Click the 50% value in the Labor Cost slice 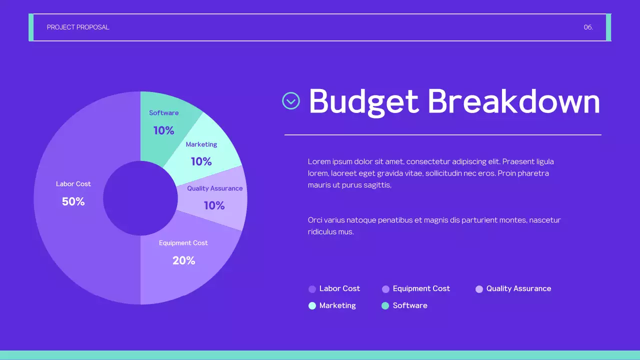click(73, 201)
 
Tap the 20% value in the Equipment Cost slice click(183, 260)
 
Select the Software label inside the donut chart click(163, 113)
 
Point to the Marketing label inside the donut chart click(201, 144)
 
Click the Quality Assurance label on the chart click(215, 188)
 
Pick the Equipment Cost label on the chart click(183, 243)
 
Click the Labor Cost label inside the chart click(73, 184)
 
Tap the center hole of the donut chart click(140, 198)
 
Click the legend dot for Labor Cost click(312, 289)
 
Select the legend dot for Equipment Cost click(385, 289)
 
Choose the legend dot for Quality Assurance click(479, 289)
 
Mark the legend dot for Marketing click(312, 306)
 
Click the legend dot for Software click(385, 306)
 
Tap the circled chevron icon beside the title click(291, 101)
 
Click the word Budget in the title click(363, 102)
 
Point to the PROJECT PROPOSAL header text click(78, 27)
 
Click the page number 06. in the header click(588, 27)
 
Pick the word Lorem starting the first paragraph click(318, 161)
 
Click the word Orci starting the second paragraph click(315, 220)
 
